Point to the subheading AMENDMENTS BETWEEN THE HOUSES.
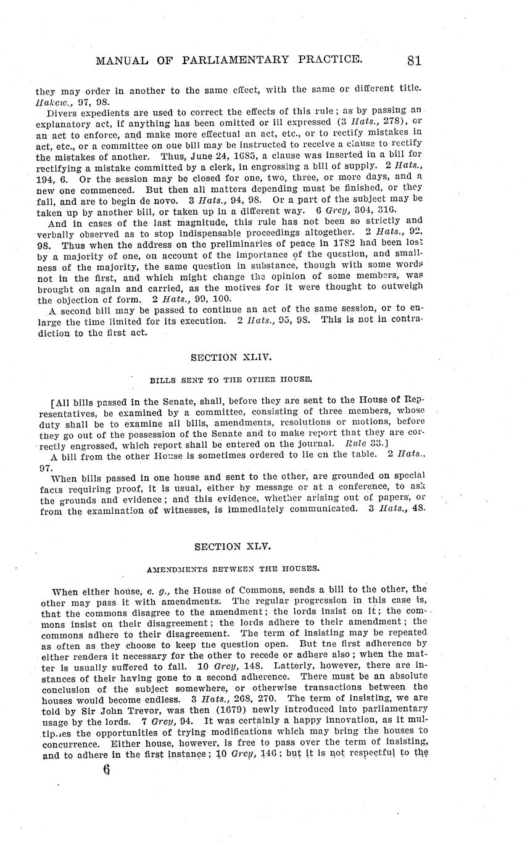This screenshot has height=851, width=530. click(225, 568)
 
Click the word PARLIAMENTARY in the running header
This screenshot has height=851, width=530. click(237, 60)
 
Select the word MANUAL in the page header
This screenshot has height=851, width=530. click(117, 60)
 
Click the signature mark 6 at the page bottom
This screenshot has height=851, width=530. click(106, 770)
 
